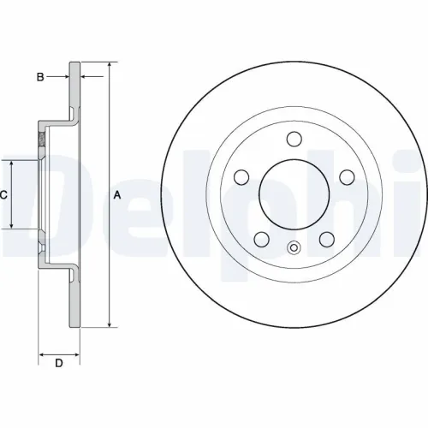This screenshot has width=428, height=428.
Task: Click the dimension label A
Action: click(117, 195)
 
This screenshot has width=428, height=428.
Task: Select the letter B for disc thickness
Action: click(39, 77)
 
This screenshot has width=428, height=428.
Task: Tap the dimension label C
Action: click(3, 195)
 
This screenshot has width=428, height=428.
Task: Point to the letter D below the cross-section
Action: click(59, 365)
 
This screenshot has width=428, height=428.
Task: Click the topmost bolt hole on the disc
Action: click(294, 139)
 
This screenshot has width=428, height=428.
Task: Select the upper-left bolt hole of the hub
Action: click(241, 176)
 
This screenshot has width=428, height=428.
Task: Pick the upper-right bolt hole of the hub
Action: click(347, 176)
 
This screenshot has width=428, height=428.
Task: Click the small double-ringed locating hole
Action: click(294, 250)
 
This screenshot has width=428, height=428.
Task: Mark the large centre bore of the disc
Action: click(294, 194)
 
